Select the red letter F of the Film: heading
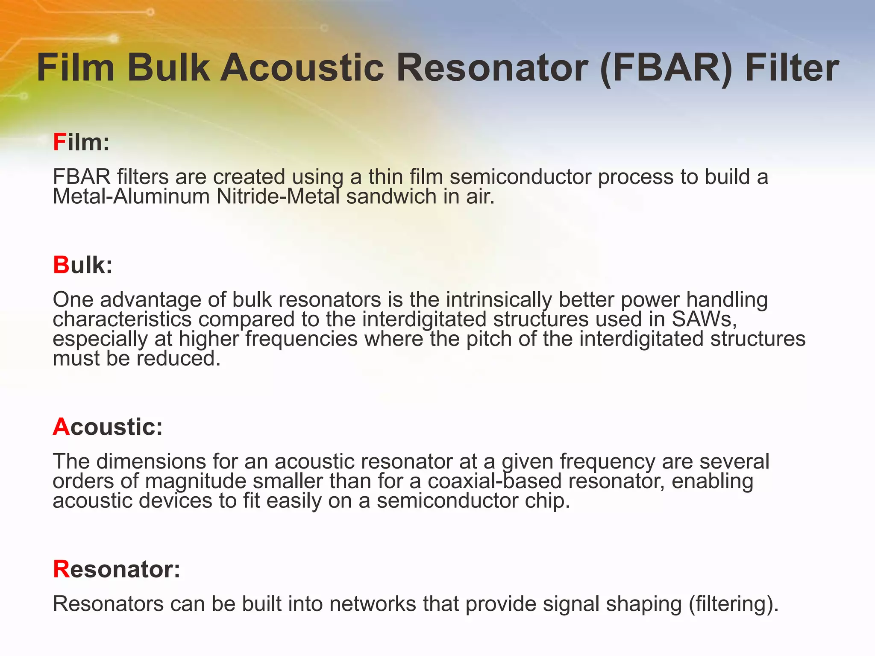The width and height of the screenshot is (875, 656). (59, 142)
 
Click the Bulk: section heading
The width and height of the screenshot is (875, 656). (82, 265)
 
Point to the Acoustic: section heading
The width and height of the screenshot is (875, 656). (108, 427)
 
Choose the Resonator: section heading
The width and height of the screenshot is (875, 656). (116, 569)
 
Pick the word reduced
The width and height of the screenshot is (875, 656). (178, 358)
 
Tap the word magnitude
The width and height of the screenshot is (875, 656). (196, 481)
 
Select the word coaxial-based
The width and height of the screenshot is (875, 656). (494, 481)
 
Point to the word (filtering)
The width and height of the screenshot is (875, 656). (733, 604)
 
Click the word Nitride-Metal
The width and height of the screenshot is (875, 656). (278, 196)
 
